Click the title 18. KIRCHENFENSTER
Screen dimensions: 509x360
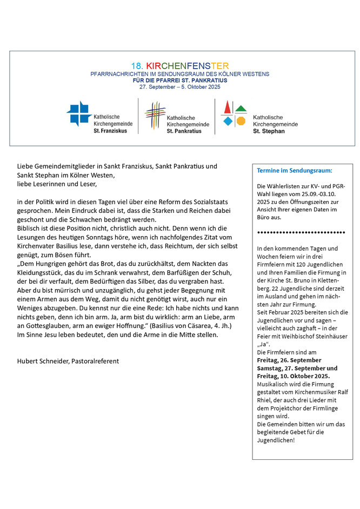click(x=180, y=66)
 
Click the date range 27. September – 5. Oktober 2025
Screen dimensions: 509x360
click(x=180, y=87)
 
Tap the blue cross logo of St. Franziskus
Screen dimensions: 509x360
click(x=79, y=113)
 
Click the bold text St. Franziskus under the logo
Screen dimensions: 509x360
click(x=111, y=131)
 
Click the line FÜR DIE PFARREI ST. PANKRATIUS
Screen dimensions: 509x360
click(x=180, y=80)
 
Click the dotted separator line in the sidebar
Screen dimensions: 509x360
click(x=301, y=232)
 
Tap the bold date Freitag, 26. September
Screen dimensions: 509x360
click(x=289, y=360)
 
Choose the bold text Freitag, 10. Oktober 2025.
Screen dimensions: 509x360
click(x=293, y=376)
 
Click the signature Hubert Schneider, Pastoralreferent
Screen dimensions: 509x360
click(x=68, y=361)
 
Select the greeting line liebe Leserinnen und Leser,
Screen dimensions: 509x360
click(x=57, y=184)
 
